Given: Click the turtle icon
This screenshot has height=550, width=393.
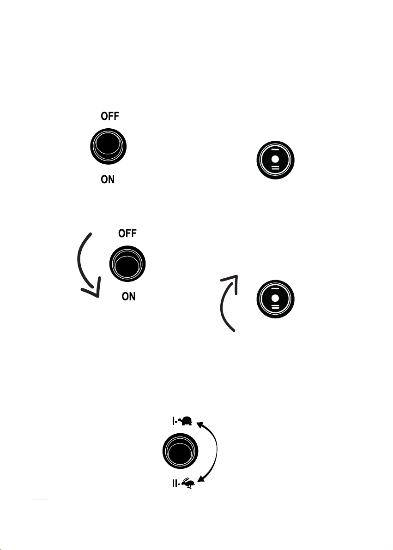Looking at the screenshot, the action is (x=187, y=421).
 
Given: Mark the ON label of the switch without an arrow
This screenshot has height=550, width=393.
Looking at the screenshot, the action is (x=108, y=179).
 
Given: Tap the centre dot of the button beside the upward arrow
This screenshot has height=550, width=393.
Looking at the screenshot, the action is (x=276, y=299).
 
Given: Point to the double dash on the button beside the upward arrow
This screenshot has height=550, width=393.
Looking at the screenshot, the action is (x=276, y=308).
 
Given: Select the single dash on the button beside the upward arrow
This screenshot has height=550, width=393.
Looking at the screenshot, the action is (x=276, y=290).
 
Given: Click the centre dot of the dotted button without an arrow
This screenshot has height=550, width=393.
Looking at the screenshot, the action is (x=276, y=159).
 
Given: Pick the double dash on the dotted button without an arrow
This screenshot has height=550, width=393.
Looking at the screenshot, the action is (x=276, y=168).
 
